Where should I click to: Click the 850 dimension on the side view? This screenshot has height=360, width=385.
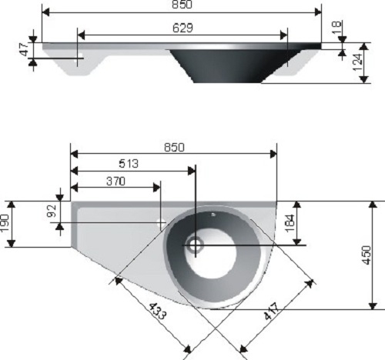(182, 5)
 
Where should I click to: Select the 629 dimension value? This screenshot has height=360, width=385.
(182, 28)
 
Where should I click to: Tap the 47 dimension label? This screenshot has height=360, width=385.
(24, 49)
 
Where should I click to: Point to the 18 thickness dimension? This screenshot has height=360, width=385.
(336, 27)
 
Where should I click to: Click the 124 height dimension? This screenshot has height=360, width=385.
(357, 62)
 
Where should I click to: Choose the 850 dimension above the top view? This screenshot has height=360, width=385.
(174, 148)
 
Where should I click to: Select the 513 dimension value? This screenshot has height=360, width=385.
(129, 164)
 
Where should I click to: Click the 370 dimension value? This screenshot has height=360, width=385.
(115, 182)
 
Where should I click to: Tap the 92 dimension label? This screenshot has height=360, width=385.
(52, 211)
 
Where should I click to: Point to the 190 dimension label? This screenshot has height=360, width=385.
(5, 224)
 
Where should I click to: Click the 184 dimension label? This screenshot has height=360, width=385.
(290, 223)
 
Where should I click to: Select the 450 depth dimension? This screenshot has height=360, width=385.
(367, 255)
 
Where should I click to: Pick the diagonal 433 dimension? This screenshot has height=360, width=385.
(157, 311)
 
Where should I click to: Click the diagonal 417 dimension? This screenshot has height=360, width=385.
(272, 312)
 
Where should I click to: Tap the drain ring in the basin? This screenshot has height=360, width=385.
(195, 243)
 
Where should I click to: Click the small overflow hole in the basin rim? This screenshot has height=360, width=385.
(213, 215)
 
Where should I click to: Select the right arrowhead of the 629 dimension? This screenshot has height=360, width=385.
(283, 35)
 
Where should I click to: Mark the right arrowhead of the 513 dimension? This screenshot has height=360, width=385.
(192, 171)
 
